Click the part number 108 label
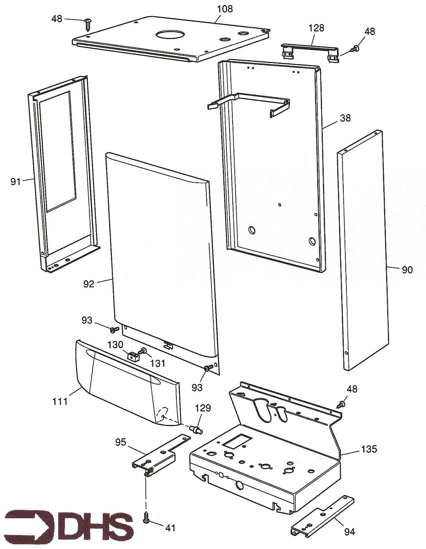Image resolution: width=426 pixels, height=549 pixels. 225,9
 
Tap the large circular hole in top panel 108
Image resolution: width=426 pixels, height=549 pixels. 167,35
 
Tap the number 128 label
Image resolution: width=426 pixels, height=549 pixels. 316,28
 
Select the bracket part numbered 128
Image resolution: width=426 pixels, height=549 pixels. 309,52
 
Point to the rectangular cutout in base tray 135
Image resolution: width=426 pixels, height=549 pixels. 237,441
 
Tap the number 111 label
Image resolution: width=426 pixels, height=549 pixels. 60,401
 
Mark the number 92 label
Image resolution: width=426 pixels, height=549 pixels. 89,284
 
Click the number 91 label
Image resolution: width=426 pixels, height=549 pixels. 15,182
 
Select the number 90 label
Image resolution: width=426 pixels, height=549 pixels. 407,270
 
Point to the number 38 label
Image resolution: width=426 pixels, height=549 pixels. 345,118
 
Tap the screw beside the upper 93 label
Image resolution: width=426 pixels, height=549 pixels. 115,329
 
